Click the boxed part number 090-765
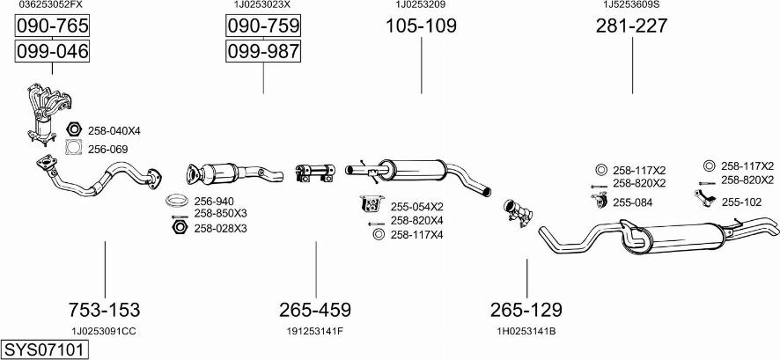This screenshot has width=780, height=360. click(52, 26)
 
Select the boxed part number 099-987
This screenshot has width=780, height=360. click(263, 51)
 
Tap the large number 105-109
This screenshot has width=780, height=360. click(421, 26)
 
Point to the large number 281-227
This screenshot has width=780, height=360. click(632, 26)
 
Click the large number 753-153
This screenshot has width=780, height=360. click(105, 310)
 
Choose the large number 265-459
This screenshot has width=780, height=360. click(315, 310)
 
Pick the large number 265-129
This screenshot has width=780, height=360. click(526, 310)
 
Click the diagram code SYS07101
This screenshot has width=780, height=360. click(44, 349)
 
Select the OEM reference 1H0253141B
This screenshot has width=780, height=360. click(526, 331)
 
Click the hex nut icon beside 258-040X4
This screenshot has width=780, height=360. click(74, 129)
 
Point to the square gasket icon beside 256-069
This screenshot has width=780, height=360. click(74, 148)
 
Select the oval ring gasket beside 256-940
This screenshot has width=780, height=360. click(177, 201)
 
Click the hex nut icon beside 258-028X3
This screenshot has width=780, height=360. click(179, 228)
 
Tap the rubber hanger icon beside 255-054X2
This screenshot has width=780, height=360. click(372, 204)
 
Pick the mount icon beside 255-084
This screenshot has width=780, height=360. click(600, 200)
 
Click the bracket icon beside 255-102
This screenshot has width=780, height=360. click(705, 197)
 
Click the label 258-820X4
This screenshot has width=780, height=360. click(417, 220)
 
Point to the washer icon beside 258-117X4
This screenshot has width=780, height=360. click(378, 234)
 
